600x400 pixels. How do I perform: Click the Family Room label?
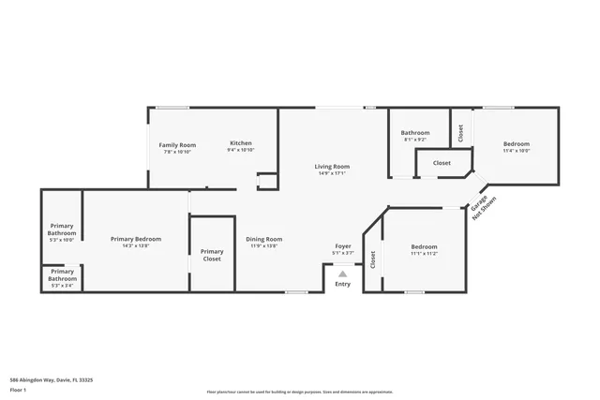[x=176, y=145]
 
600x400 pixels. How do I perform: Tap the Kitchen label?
[x=242, y=145]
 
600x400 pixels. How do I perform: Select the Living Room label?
[x=332, y=166]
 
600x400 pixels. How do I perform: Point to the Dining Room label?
[x=263, y=239]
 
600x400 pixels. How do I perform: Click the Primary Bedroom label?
[x=136, y=239]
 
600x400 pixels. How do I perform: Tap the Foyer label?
[x=343, y=245]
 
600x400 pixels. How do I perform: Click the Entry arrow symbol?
[x=343, y=274]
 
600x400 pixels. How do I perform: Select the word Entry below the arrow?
[x=343, y=284]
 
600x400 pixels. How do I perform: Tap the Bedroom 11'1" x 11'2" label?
[x=424, y=249]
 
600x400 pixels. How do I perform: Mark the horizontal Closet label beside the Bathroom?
[x=442, y=163]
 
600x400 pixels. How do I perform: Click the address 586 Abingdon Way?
[x=52, y=380]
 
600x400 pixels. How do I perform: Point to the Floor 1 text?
[x=19, y=390]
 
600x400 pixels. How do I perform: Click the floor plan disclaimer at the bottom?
[x=300, y=392]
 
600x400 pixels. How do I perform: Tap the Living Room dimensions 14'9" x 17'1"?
[x=332, y=173]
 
